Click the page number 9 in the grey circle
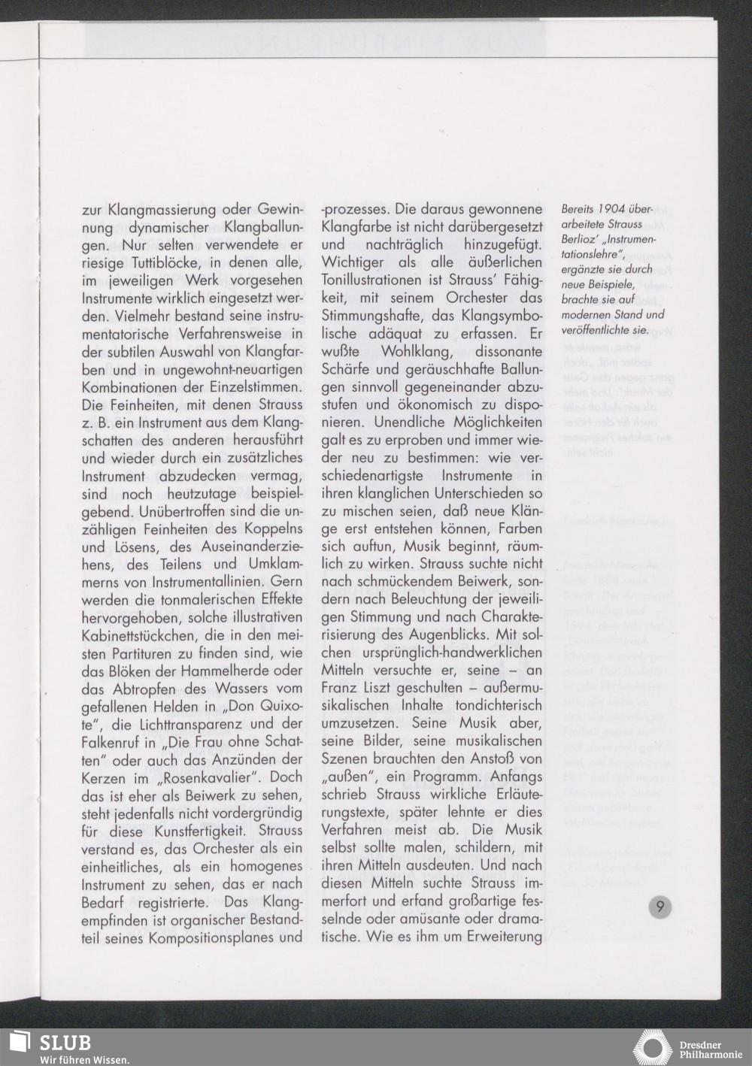(x=660, y=907)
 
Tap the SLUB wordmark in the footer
(x=65, y=1043)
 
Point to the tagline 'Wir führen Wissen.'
(x=84, y=1059)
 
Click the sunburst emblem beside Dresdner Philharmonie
(x=654, y=1048)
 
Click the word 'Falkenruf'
(x=108, y=742)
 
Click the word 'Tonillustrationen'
(x=371, y=280)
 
